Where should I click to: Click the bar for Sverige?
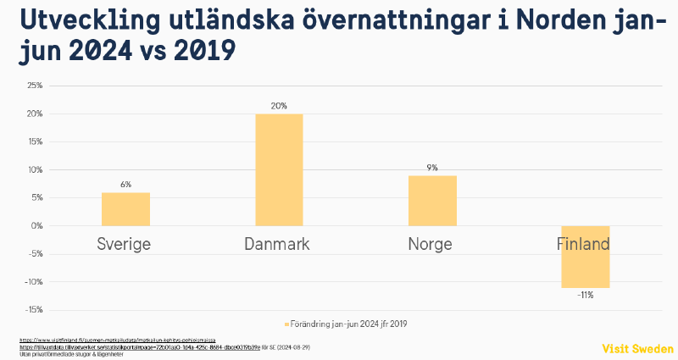point(125,209)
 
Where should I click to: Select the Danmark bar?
point(279,169)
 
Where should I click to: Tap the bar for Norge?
point(432,201)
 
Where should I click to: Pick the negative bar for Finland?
point(586,257)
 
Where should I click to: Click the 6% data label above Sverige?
point(125,185)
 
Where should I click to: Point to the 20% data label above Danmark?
point(279,106)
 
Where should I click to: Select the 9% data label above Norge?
point(432,168)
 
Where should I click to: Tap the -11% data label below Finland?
point(586,296)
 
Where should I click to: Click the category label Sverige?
point(124,245)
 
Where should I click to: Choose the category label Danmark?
point(277,245)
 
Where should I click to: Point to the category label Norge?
point(430,245)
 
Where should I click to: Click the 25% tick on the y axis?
point(35,86)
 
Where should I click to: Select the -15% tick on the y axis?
point(35,310)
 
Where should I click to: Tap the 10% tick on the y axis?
point(35,169)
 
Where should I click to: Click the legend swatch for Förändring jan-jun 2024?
point(286,324)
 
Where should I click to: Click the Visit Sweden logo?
point(637,349)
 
